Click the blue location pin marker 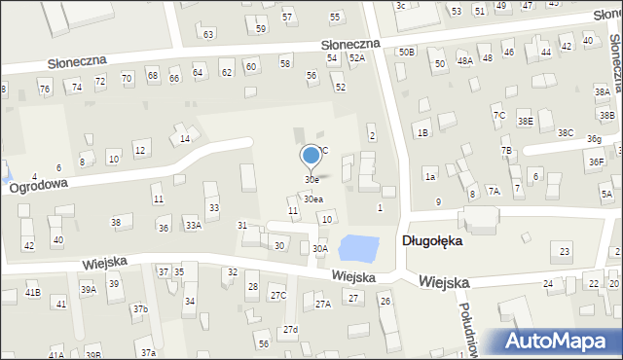point(311,156)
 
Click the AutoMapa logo point(558,342)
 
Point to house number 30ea point(312,199)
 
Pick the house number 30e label point(311,180)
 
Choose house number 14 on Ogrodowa point(185,139)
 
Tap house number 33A point(194,226)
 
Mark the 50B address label point(407,52)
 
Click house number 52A point(357,58)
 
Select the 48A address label point(465,60)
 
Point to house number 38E point(526,122)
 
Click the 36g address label point(594,140)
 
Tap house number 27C point(278,296)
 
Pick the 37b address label point(140,309)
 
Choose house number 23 point(565,253)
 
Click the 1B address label point(422,132)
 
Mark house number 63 point(208,34)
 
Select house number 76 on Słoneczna point(44,89)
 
